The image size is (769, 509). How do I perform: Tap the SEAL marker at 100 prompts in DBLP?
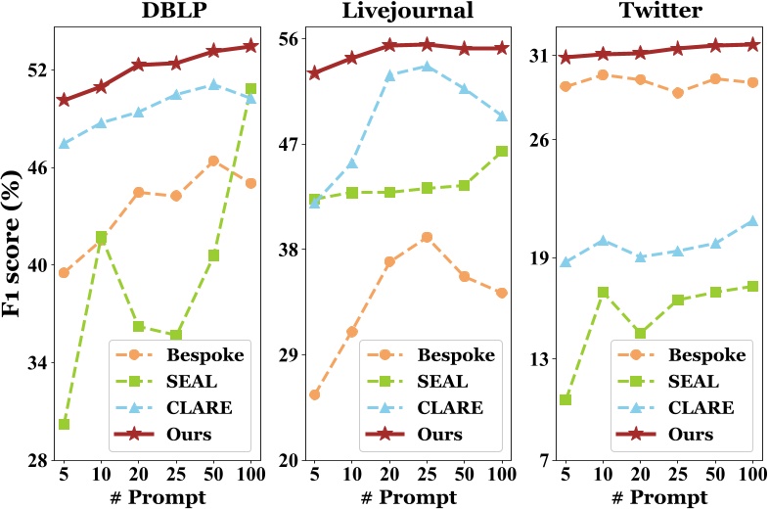pos(250,89)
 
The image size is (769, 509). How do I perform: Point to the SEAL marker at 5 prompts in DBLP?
pos(64,424)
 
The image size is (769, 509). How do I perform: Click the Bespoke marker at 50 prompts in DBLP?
pos(213,161)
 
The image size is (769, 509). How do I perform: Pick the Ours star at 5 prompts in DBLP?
pos(64,100)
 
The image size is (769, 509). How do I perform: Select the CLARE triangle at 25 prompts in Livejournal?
pos(427,67)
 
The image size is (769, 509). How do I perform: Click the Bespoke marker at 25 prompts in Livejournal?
pos(427,237)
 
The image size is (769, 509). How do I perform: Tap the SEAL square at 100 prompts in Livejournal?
pos(501,152)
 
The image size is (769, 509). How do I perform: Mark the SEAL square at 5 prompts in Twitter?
pos(565,399)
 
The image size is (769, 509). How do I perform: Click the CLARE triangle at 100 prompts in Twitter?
pos(752,221)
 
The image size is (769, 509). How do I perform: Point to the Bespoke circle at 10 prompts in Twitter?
pos(603,74)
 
